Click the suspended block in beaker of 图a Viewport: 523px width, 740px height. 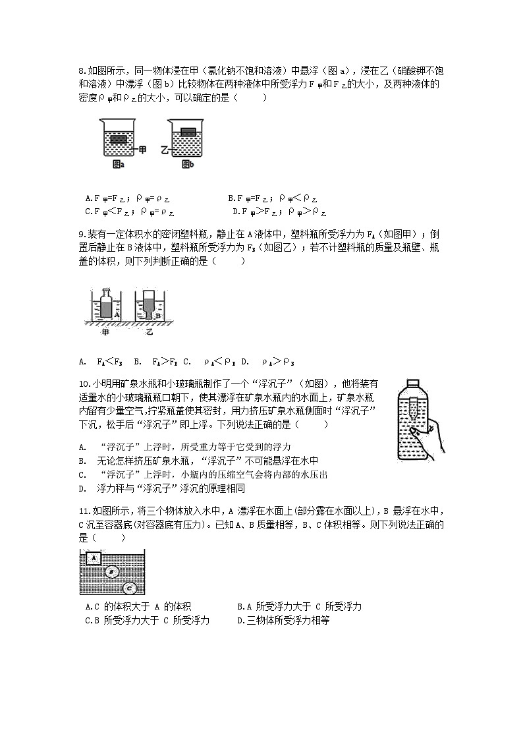click(119, 140)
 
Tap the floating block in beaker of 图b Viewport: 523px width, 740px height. click(188, 131)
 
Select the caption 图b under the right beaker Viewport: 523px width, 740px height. click(188, 165)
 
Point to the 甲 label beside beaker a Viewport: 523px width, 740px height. click(143, 150)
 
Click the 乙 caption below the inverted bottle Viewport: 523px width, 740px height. click(150, 333)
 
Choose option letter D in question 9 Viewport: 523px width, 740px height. click(244, 361)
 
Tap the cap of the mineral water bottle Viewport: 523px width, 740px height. click(412, 384)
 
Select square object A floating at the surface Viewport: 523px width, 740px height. click(94, 559)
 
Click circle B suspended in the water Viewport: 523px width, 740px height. click(113, 572)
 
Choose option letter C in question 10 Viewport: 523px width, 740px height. click(82, 474)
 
